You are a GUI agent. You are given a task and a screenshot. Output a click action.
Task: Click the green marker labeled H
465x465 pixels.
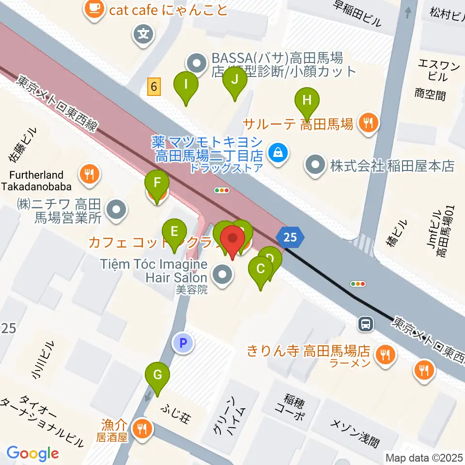[x=307, y=101]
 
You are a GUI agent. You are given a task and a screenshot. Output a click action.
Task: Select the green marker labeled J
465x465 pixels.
[x=235, y=79]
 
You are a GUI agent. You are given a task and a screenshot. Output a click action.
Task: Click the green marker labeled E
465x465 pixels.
[x=174, y=231]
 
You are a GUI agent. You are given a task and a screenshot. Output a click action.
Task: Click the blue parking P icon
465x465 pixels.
[x=183, y=343]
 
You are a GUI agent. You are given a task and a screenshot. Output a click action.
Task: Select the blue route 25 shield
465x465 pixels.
[x=289, y=237]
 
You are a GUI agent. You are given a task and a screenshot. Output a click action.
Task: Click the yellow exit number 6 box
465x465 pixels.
[x=154, y=87]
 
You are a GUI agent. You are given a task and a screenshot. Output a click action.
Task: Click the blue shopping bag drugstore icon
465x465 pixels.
[x=279, y=154]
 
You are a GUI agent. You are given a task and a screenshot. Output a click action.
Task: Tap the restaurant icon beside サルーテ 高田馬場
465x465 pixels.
[x=368, y=124]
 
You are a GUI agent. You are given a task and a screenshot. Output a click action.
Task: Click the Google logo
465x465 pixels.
[x=32, y=453]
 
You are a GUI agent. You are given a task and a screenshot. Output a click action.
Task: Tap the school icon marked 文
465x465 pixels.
[x=144, y=34]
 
